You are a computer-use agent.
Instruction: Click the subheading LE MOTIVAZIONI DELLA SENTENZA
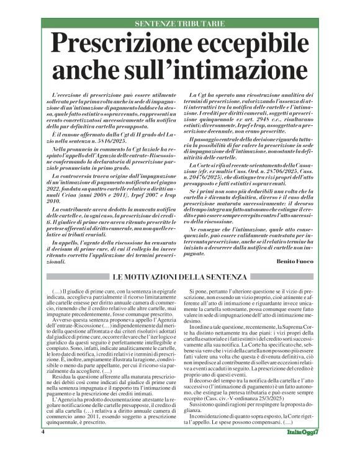click(179, 276)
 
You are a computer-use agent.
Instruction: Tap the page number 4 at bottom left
click(43, 449)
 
